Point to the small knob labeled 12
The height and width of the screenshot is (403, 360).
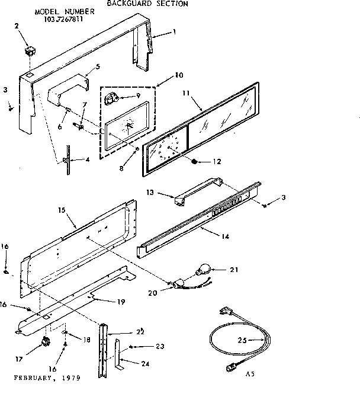tap(195, 161)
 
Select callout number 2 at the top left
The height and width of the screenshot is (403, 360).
tap(17, 25)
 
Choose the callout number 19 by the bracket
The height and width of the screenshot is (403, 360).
tap(121, 302)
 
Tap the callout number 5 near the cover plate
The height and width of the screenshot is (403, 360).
tap(98, 66)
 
